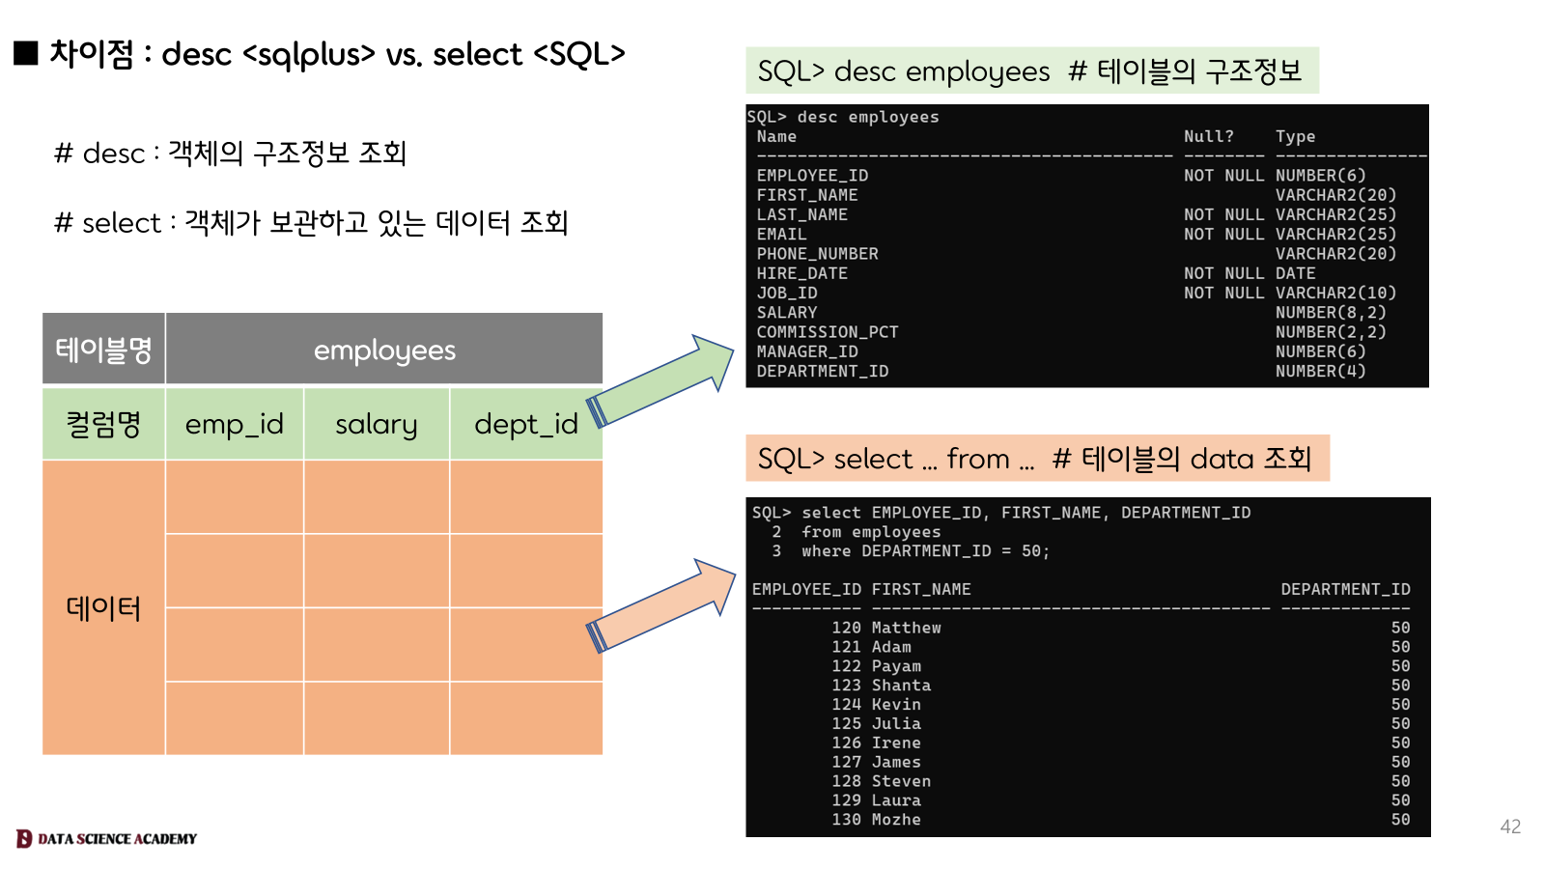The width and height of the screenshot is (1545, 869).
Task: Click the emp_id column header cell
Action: [x=235, y=424]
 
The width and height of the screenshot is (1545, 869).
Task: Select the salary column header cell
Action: [x=377, y=424]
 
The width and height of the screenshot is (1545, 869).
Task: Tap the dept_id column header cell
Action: [x=525, y=424]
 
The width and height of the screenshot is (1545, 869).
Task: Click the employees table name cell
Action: [x=384, y=350]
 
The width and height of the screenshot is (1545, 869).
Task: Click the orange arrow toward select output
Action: [x=661, y=606]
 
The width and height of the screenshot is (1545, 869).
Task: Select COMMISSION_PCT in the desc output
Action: [x=828, y=332]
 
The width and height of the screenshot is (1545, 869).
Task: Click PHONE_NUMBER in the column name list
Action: [x=817, y=254]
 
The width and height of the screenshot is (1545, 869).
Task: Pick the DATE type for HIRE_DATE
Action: [x=1295, y=273]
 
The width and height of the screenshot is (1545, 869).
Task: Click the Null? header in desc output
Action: [x=1208, y=137]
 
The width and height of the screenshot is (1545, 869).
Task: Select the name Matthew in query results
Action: [x=906, y=628]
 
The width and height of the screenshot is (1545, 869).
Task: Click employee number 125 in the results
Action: [x=846, y=723]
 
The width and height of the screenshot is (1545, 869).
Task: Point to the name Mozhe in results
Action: [x=896, y=820]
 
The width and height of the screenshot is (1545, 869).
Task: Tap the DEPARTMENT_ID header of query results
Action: [x=1345, y=589]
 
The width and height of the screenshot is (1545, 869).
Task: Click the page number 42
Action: [x=1510, y=827]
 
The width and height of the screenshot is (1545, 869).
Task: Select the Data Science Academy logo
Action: [x=106, y=838]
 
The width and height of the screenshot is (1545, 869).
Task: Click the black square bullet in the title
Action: [x=26, y=53]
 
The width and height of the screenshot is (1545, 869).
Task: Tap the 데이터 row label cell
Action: [x=103, y=608]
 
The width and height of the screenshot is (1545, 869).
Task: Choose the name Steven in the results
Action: [x=901, y=781]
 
